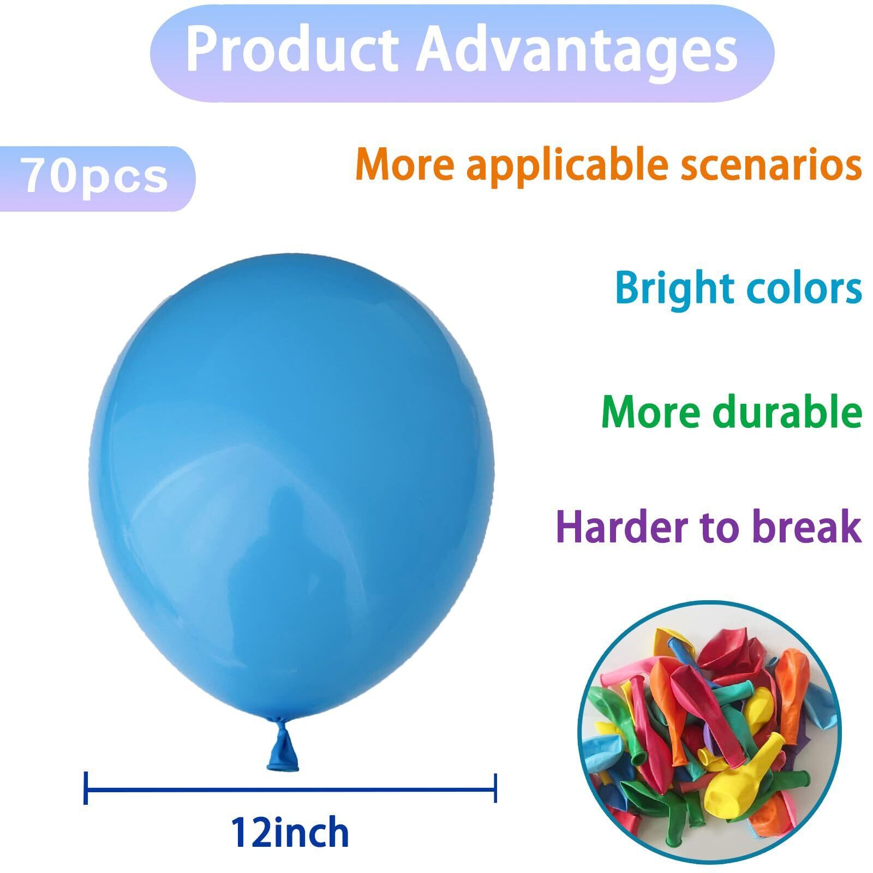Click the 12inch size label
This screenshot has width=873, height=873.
click(290, 833)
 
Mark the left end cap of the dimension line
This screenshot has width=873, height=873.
click(86, 788)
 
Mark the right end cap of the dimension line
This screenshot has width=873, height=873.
click(495, 788)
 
